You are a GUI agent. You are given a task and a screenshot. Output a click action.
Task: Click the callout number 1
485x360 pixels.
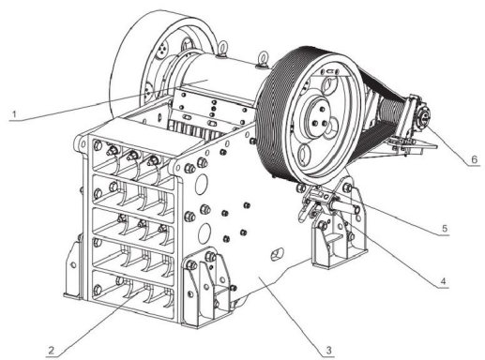[x=13, y=114]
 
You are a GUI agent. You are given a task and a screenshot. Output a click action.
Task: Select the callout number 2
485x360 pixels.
[x=51, y=351]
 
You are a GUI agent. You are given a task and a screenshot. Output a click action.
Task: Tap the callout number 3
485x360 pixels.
[x=328, y=351]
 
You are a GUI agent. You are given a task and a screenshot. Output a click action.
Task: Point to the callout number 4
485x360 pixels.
[x=442, y=281]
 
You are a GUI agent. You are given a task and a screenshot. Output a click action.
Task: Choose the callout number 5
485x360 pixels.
[x=445, y=229]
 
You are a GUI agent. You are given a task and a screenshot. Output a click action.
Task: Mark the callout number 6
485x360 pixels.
[x=474, y=159]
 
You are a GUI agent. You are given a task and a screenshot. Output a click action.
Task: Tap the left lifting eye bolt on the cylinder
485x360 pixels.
[x=223, y=50]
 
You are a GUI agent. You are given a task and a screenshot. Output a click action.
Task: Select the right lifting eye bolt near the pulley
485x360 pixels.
[x=263, y=59]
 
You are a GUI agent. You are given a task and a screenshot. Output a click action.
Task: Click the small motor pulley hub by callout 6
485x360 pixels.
[x=424, y=116]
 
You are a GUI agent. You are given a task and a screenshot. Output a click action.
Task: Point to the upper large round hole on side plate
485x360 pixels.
[x=202, y=184]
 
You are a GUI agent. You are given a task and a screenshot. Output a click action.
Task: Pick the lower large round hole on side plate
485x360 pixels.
[x=204, y=232]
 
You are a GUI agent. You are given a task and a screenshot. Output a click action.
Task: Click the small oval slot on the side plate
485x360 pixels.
[x=277, y=254]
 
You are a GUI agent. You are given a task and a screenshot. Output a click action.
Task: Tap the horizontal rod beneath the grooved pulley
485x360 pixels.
[x=345, y=207]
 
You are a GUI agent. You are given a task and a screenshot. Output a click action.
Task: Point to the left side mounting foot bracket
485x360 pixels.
[x=72, y=269]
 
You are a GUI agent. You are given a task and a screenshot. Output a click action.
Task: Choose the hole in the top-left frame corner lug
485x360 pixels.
[x=83, y=143]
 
